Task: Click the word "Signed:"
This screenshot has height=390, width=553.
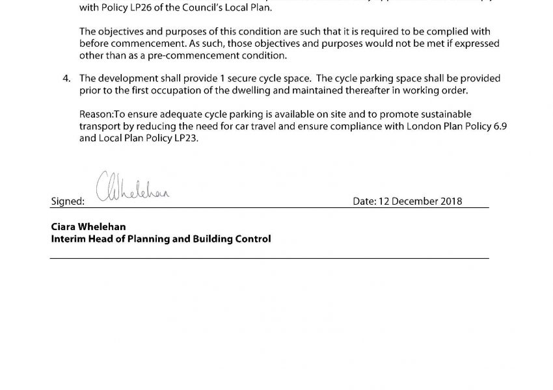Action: tap(68, 201)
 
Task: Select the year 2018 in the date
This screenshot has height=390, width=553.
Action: tap(450, 201)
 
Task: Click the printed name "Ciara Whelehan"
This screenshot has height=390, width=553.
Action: tap(88, 227)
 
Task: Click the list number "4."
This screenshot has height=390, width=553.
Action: tap(66, 78)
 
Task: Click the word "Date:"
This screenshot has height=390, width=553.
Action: tap(364, 201)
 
